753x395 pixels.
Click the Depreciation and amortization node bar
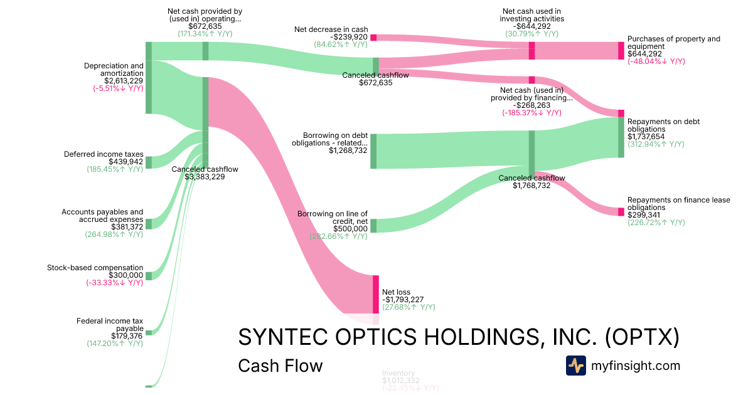(149, 78)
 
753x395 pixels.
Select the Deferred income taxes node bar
(149, 162)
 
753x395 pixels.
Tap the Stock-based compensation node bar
(149, 276)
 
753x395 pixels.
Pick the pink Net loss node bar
(376, 293)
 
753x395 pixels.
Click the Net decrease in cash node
(373, 38)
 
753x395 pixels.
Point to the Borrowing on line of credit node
(373, 226)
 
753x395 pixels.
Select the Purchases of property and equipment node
(621, 50)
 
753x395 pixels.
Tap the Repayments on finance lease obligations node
(621, 211)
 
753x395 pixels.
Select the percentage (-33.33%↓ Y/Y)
(114, 283)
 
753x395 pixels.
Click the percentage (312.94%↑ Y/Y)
(656, 144)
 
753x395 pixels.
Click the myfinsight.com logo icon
(575, 366)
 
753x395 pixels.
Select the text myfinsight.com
(636, 366)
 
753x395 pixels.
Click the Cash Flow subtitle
(280, 366)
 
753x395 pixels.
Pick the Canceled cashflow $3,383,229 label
(205, 173)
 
